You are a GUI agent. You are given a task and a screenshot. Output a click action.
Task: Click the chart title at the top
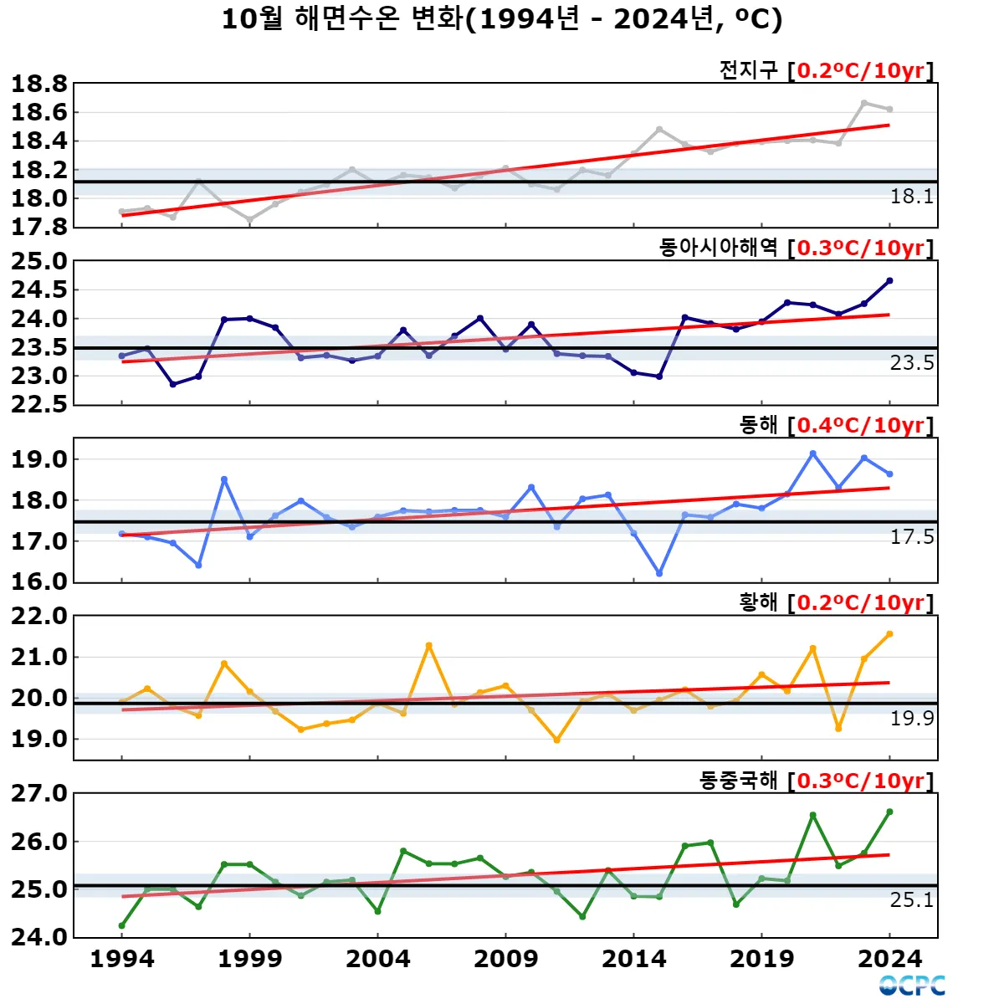coord(502,18)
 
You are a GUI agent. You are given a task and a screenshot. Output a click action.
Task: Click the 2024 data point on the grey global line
coord(889,109)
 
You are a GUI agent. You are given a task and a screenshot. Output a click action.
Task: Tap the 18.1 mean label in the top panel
coord(911,197)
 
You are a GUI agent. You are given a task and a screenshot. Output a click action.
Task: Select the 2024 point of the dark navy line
coord(889,281)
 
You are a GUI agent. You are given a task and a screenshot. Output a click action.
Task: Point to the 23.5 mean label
coord(911,363)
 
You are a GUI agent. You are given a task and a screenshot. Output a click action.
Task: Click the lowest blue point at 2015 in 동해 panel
coord(659,574)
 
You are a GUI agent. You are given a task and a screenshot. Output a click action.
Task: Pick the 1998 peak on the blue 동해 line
coord(224,479)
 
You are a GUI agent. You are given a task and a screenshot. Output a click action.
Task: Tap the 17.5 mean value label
coord(911,537)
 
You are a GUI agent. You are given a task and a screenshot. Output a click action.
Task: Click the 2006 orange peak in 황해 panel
coord(429,645)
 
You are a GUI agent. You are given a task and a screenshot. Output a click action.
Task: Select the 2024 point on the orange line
coord(889,634)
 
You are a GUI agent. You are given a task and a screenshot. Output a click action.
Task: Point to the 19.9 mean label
coord(911,718)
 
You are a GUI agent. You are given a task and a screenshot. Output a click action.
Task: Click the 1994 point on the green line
coord(122,925)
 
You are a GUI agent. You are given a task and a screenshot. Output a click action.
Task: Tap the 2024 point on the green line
coord(889,812)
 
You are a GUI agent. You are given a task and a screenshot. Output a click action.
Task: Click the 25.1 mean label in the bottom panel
coord(911,899)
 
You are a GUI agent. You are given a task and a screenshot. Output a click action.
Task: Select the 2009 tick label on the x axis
coord(505,959)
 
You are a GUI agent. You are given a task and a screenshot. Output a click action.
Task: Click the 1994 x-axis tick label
coord(122,959)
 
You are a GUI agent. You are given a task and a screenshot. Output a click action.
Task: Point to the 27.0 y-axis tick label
coord(38,793)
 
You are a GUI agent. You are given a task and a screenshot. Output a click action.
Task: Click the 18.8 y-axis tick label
coord(38,84)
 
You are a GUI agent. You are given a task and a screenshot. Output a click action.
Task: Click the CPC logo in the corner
coord(912,986)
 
